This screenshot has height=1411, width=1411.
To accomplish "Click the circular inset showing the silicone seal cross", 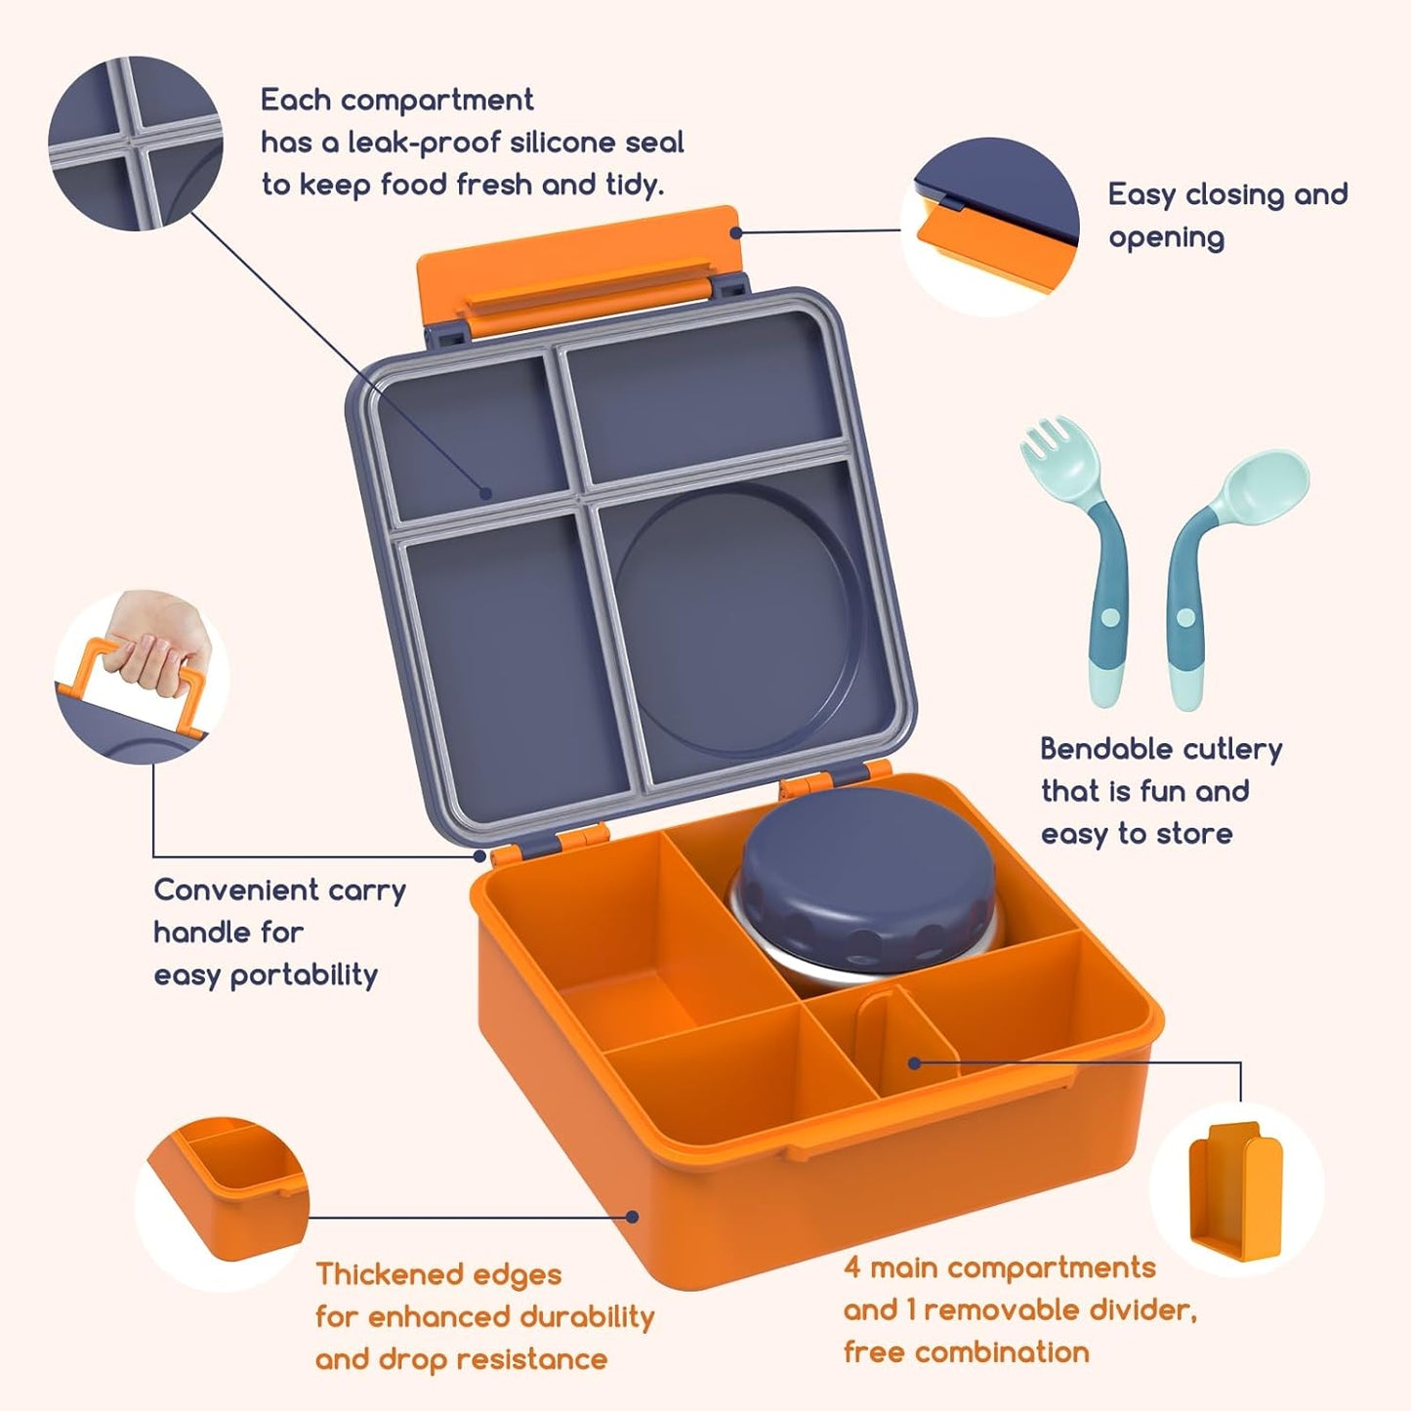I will (x=136, y=144).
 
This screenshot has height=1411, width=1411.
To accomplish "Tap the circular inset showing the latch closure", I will (x=989, y=227).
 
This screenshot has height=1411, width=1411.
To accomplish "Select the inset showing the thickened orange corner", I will (x=223, y=1203).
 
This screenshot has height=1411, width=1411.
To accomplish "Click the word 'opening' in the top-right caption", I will (x=1165, y=237).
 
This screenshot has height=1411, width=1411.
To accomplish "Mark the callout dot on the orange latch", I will (x=736, y=232).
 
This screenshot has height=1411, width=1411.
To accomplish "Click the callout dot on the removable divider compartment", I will (x=914, y=1062).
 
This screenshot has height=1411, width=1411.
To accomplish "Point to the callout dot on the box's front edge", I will (x=632, y=1217).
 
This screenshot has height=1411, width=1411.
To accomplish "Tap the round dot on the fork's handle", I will (x=1109, y=617).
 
